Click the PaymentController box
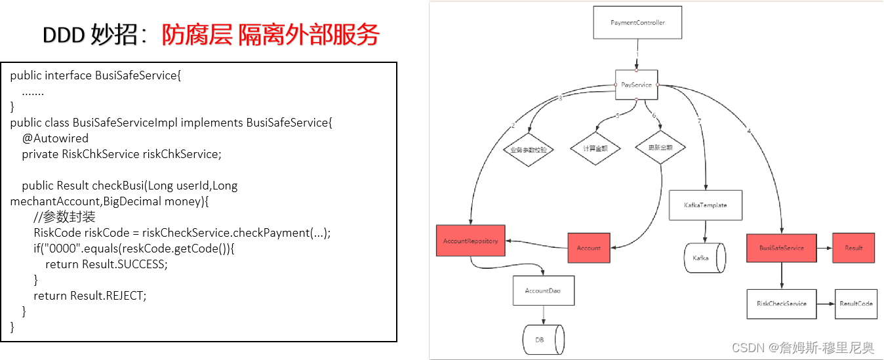pyautogui.click(x=637, y=22)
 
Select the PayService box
pyautogui.click(x=636, y=85)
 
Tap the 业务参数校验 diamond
pyautogui.click(x=529, y=150)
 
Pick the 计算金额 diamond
pyautogui.click(x=595, y=148)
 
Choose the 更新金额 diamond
pyautogui.click(x=660, y=148)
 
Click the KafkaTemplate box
pyautogui.click(x=705, y=205)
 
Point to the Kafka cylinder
pyautogui.click(x=704, y=258)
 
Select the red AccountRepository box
pyautogui.click(x=470, y=241)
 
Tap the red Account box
pyautogui.click(x=588, y=248)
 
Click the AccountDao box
pyautogui.click(x=543, y=290)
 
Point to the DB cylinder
pyautogui.click(x=544, y=340)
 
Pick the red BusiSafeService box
pyautogui.click(x=782, y=248)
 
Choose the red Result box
pyautogui.click(x=853, y=248)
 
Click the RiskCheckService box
pyautogui.click(x=782, y=304)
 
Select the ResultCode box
pyautogui.click(x=856, y=304)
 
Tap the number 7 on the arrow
pyautogui.click(x=699, y=122)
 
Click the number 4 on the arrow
pyautogui.click(x=749, y=131)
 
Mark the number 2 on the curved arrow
pyautogui.click(x=513, y=125)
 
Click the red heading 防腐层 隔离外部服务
pyautogui.click(x=270, y=35)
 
